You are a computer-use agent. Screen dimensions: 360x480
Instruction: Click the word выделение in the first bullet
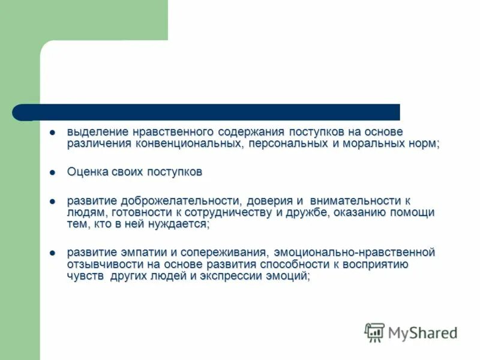click(x=92, y=131)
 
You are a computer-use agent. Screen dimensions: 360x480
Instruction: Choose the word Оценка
click(x=87, y=172)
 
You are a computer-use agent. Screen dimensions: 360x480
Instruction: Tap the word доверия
click(x=269, y=200)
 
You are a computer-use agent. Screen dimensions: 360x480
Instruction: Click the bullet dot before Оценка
click(x=52, y=172)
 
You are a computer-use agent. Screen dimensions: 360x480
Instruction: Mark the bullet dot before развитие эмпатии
click(x=52, y=253)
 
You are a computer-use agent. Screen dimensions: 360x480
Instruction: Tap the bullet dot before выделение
click(x=52, y=131)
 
